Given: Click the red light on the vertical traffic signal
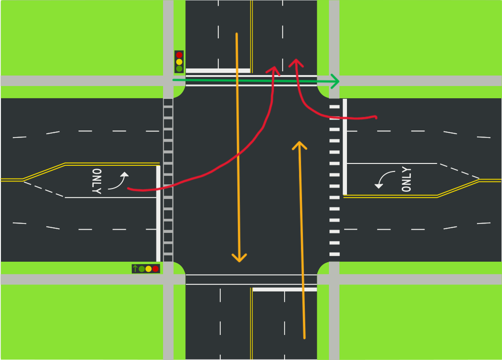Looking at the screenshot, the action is [x=179, y=55].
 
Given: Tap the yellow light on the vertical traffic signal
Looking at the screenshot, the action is [x=179, y=62].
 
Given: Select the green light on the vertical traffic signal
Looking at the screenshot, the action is [x=179, y=69].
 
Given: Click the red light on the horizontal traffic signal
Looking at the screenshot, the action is [x=156, y=269].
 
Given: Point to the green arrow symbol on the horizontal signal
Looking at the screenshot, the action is [x=135, y=269].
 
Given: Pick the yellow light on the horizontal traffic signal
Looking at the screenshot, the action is [x=148, y=269].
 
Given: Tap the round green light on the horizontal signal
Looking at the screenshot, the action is [x=142, y=269].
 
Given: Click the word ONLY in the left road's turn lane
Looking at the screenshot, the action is [x=97, y=181].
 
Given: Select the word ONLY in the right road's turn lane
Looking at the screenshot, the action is [x=406, y=180].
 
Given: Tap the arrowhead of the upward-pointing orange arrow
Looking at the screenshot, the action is [x=299, y=144].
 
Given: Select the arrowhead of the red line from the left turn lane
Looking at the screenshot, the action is [x=274, y=70].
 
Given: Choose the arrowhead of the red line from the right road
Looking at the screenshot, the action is [x=296, y=62].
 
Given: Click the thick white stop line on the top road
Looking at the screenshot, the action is [x=218, y=71].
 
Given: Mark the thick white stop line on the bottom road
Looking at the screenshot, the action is [x=285, y=289].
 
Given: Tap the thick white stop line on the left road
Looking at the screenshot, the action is [x=158, y=213].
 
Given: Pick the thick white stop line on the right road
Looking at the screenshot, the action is [x=345, y=146].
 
